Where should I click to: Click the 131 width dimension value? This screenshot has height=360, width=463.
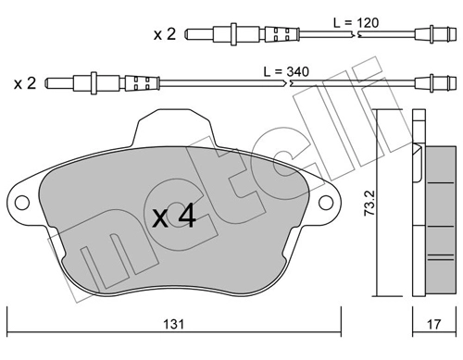click(173, 324)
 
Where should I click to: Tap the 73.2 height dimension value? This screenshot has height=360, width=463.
click(369, 203)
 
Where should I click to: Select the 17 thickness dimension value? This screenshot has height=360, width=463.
click(433, 324)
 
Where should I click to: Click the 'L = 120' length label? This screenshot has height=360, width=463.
click(356, 23)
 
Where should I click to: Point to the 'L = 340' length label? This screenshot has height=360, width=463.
click(286, 71)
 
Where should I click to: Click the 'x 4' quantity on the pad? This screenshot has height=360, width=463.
click(174, 216)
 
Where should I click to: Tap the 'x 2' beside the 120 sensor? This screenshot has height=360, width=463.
click(165, 34)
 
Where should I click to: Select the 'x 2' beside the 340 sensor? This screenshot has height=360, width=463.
click(25, 83)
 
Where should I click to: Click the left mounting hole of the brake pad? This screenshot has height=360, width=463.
click(22, 203)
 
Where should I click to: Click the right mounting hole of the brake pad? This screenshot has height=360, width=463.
click(326, 203)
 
